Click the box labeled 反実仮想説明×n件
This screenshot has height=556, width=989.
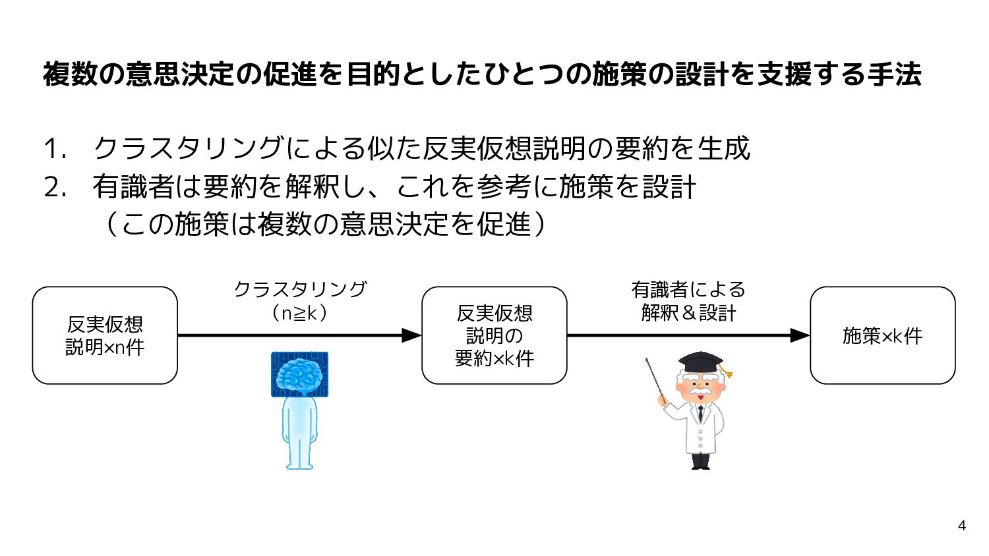[105, 335]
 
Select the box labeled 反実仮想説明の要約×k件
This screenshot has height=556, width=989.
[494, 335]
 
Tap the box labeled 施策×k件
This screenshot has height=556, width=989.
[882, 335]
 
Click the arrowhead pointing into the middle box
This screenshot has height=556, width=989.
[411, 335]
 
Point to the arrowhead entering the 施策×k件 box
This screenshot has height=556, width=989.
[800, 335]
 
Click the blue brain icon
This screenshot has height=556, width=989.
[299, 374]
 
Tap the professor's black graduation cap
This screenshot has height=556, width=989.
[700, 362]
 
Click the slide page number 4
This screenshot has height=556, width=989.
[962, 525]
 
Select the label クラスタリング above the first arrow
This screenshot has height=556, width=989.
[300, 289]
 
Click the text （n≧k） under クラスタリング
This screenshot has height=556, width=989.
[300, 313]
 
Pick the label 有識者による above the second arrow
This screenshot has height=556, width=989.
[688, 289]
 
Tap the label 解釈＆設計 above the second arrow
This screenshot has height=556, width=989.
[688, 312]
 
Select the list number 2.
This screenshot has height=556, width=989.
[55, 188]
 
